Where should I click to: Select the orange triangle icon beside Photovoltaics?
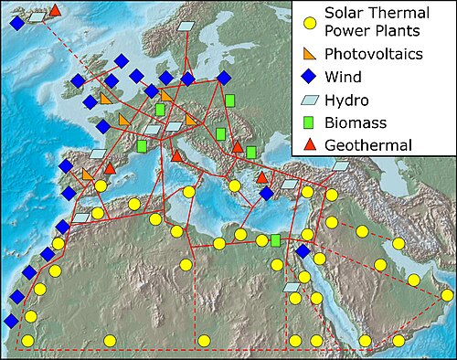pyautogui.click(x=310, y=55)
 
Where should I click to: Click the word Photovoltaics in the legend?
pyautogui.click(x=377, y=55)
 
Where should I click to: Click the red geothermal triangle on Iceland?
pyautogui.click(x=55, y=10)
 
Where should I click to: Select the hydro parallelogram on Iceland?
pyautogui.click(x=37, y=16)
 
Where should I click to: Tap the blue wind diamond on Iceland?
pyautogui.click(x=16, y=24)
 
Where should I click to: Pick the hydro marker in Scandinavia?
pyautogui.click(x=187, y=26)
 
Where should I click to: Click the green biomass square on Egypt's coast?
pyautogui.click(x=275, y=240)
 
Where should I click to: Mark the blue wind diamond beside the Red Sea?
pyautogui.click(x=303, y=252)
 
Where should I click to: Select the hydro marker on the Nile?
pyautogui.click(x=292, y=287)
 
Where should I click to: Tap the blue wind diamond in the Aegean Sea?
pyautogui.click(x=266, y=193)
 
